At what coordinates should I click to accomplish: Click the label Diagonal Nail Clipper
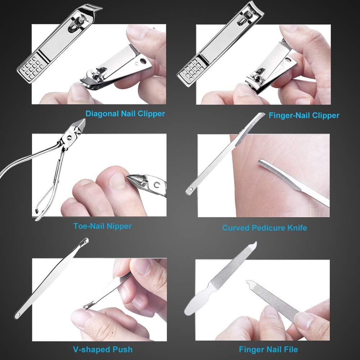click(x=125, y=114)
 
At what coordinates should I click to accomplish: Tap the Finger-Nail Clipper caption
click(x=304, y=115)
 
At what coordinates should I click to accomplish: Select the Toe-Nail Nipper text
click(x=102, y=226)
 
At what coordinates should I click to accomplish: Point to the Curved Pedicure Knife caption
click(x=264, y=228)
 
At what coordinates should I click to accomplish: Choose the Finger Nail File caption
click(x=268, y=349)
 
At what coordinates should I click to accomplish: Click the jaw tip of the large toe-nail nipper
click(x=81, y=124)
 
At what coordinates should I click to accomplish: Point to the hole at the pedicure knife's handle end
click(x=190, y=190)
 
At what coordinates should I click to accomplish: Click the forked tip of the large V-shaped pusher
click(x=85, y=240)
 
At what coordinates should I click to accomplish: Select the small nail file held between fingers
click(x=273, y=299)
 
